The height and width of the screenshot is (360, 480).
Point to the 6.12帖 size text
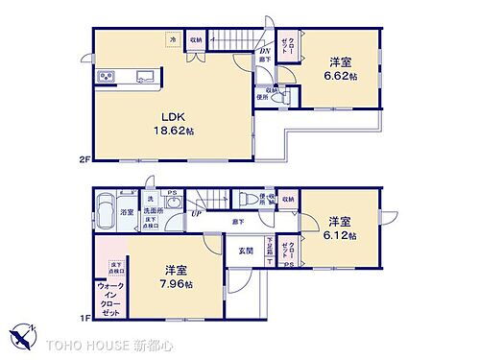click(x=341, y=234)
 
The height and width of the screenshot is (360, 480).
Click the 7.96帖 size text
click(x=175, y=285)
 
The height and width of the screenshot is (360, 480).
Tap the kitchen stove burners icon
click(x=107, y=78)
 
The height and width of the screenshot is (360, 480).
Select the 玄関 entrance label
click(x=245, y=251)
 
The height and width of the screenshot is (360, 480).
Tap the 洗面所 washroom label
click(x=151, y=212)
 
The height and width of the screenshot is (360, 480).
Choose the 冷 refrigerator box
click(x=173, y=39)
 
